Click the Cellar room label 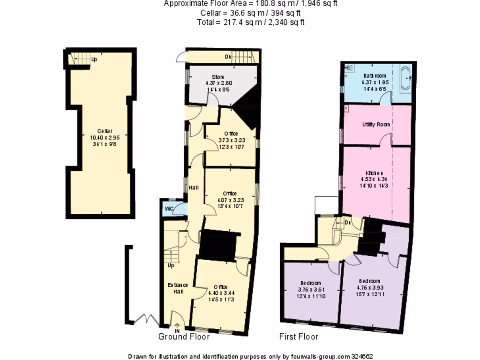[x=105, y=131]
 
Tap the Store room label [x=217, y=77]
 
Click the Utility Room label [x=376, y=125]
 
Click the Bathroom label [x=375, y=76]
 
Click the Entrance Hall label [x=178, y=288]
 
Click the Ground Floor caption [x=184, y=337]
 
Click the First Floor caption [x=299, y=337]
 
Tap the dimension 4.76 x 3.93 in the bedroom [x=370, y=287]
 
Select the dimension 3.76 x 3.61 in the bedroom [x=311, y=290]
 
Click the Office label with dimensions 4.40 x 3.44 [x=220, y=287]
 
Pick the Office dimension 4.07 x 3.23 [x=230, y=200]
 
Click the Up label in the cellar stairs [x=94, y=60]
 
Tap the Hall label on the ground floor [x=194, y=188]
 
